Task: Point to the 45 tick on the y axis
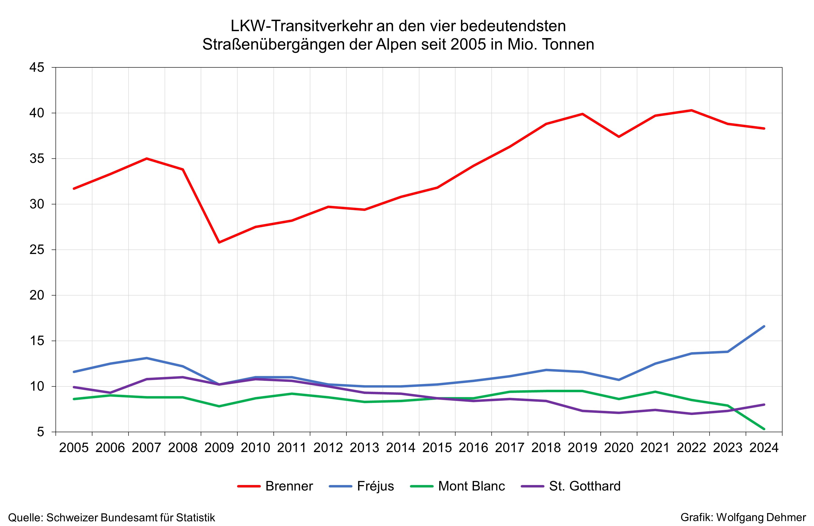point(37,68)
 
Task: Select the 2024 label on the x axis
point(764,448)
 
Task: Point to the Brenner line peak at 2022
point(691,110)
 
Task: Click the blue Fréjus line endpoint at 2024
point(764,327)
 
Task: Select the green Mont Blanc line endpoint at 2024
point(764,429)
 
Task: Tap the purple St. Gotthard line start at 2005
point(74,387)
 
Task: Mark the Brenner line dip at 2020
point(619,137)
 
